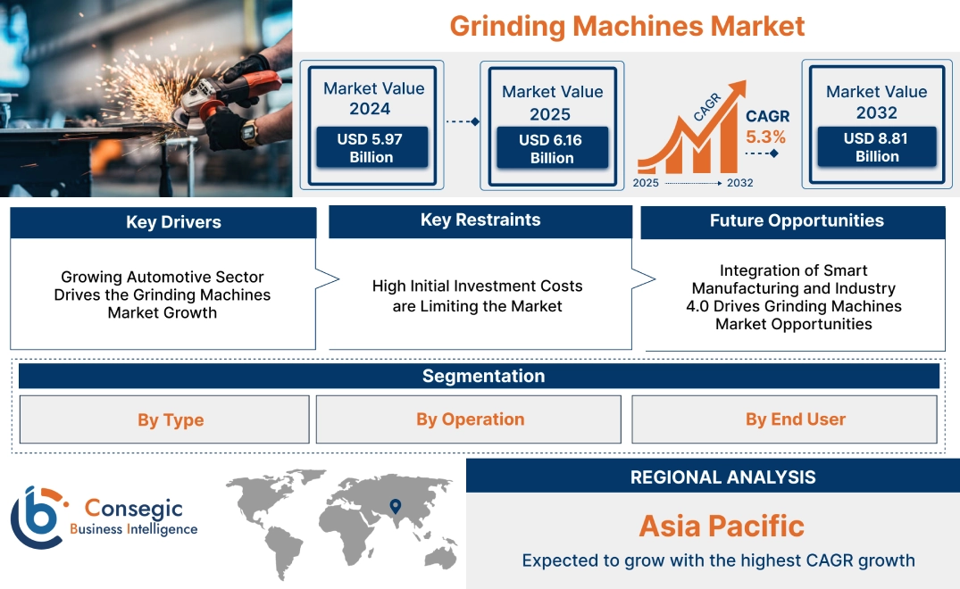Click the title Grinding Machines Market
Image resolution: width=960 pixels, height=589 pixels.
[627, 25]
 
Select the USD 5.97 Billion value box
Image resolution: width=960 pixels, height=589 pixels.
[371, 148]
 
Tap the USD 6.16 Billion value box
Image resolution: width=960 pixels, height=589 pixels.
[552, 149]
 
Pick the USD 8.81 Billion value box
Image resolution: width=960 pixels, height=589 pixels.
[876, 147]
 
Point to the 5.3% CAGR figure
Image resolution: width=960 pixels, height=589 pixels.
[766, 137]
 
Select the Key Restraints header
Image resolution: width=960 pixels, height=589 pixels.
[480, 220]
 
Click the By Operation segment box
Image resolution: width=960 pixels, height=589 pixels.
[470, 419]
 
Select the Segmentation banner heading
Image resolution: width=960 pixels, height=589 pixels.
[483, 376]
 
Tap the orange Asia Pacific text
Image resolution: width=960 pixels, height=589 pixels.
[722, 526]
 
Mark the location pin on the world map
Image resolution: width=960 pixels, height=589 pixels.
[394, 507]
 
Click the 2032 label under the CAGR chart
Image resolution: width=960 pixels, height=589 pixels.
[739, 183]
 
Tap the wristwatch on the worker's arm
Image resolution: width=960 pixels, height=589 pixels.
[249, 131]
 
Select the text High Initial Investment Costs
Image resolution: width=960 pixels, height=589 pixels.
[477, 286]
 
